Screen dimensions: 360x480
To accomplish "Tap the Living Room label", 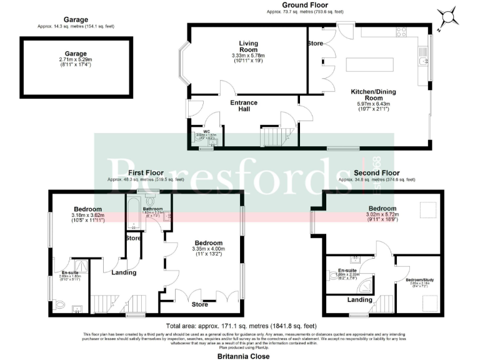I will (248, 43).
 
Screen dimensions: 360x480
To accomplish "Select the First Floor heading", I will (146, 172).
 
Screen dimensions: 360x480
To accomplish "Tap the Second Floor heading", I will (376, 172).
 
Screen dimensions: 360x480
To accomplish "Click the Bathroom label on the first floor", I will (152, 209).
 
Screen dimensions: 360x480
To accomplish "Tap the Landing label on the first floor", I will (124, 272).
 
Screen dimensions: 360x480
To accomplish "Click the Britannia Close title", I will (244, 356).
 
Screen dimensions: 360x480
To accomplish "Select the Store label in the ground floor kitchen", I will (315, 44).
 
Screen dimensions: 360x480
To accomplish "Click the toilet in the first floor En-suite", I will (59, 303).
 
